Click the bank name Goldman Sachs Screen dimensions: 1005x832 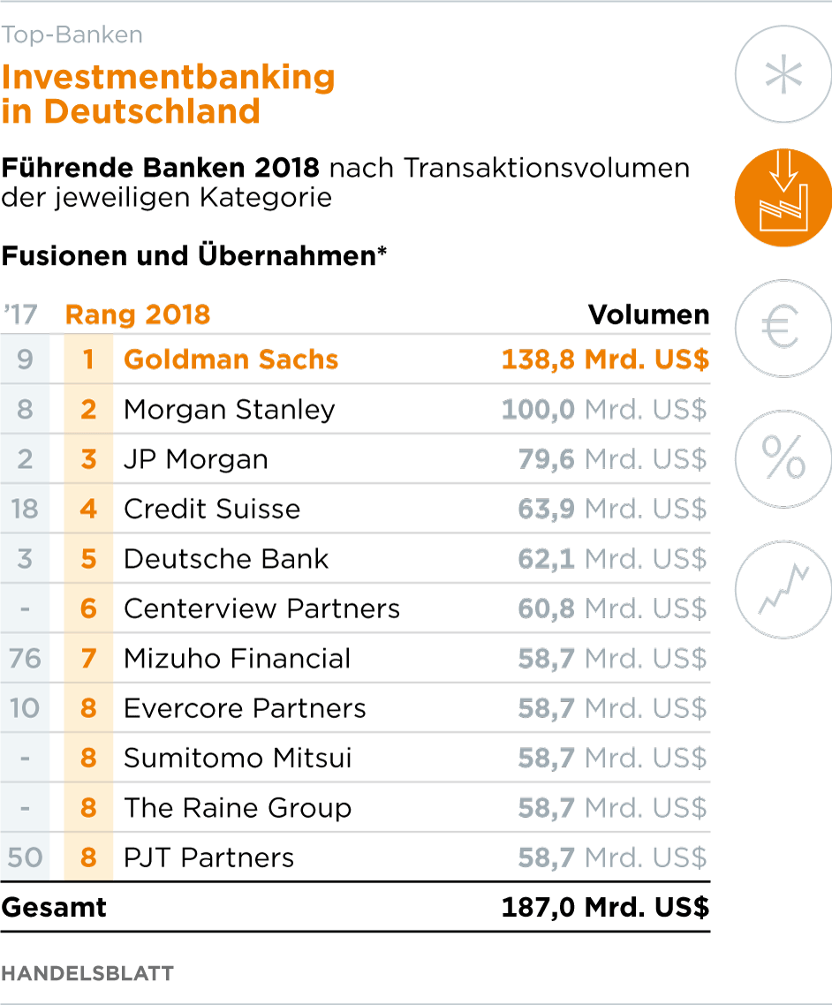coord(231,359)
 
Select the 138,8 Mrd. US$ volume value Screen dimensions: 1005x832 coord(605,359)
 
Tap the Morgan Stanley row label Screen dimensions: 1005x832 coord(229,410)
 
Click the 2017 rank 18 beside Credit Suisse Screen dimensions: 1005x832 coord(25,510)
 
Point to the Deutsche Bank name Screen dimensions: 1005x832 coord(226,559)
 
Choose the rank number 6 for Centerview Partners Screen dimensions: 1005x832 coord(88,608)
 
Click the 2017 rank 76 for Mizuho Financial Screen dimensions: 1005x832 coord(25,659)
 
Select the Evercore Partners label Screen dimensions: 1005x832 coord(245,708)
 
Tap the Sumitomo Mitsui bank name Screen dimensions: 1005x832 coord(238,758)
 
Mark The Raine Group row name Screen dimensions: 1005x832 coord(238,808)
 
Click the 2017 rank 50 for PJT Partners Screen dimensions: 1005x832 coord(25,858)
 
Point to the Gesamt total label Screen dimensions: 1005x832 coord(54,908)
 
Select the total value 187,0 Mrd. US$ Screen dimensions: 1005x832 coord(605,908)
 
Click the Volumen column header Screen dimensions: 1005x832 coord(648,314)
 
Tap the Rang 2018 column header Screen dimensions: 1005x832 coord(138,314)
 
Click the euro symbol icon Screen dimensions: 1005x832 coord(783,328)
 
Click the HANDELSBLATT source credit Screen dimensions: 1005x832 coord(87,973)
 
